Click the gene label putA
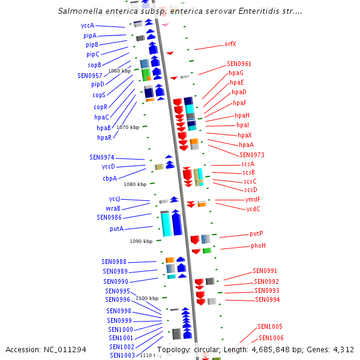point(116,229)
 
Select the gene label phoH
point(258,245)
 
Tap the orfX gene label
point(230,44)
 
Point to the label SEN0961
point(239,64)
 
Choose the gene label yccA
point(88,26)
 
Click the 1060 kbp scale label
point(119,71)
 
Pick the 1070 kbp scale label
point(128,127)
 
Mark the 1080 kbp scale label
point(135,184)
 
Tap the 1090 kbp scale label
point(141,241)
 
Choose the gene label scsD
point(251,190)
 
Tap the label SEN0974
point(101,157)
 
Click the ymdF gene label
point(253,199)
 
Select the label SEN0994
point(267,299)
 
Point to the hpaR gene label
point(104,137)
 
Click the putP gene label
point(256,233)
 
